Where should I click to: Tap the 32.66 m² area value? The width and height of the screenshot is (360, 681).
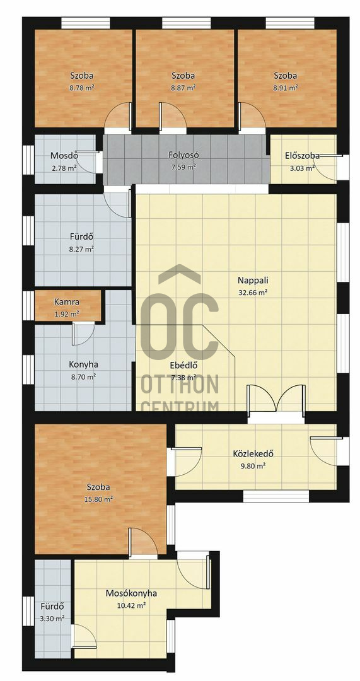click(252, 293)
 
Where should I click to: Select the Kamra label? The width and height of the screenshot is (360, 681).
click(67, 301)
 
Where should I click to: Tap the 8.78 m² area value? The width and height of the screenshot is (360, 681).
click(81, 87)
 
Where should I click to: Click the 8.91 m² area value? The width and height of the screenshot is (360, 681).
click(286, 87)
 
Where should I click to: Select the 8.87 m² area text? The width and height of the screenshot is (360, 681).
click(183, 87)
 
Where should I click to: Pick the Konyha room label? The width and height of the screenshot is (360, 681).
click(82, 365)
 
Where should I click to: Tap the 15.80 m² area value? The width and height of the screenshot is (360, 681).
click(98, 499)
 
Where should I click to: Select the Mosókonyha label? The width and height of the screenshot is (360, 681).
click(131, 593)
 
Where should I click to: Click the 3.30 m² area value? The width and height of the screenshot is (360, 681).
click(52, 619)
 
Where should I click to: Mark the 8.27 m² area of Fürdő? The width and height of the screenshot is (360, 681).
click(82, 249)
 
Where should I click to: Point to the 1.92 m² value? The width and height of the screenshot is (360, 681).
click(67, 313)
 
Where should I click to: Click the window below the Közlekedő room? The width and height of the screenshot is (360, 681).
click(276, 496)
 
